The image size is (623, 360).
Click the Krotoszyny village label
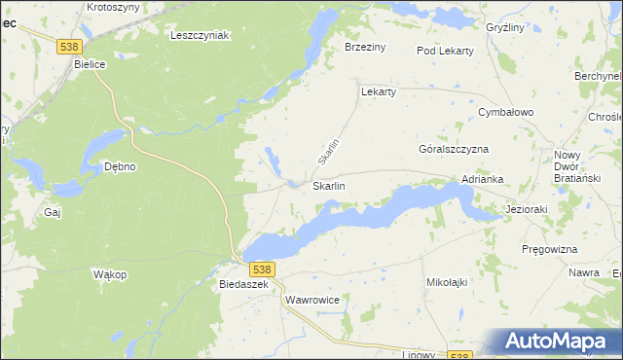113,6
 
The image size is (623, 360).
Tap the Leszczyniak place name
199,35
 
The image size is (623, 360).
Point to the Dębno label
119,166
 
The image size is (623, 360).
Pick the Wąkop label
110,274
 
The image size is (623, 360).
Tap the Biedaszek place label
243,284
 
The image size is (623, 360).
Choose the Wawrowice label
312,300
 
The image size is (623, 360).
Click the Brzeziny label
366,47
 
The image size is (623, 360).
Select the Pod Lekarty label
444,50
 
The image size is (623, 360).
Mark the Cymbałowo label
506,112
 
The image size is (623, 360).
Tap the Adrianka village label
482,179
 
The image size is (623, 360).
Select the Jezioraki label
530,208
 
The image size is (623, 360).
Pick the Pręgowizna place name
550,249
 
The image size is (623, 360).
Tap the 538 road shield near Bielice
68,46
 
